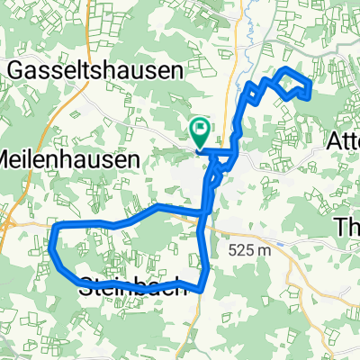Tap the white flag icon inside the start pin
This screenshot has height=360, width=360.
click(x=199, y=131)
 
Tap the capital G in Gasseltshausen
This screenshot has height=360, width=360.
click(x=17, y=68)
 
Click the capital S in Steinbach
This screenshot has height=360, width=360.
click(x=87, y=287)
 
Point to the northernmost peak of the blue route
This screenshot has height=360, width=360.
click(x=286, y=69)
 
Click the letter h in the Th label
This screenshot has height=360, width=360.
click(x=353, y=225)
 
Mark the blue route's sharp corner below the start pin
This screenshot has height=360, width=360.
click(x=196, y=151)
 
